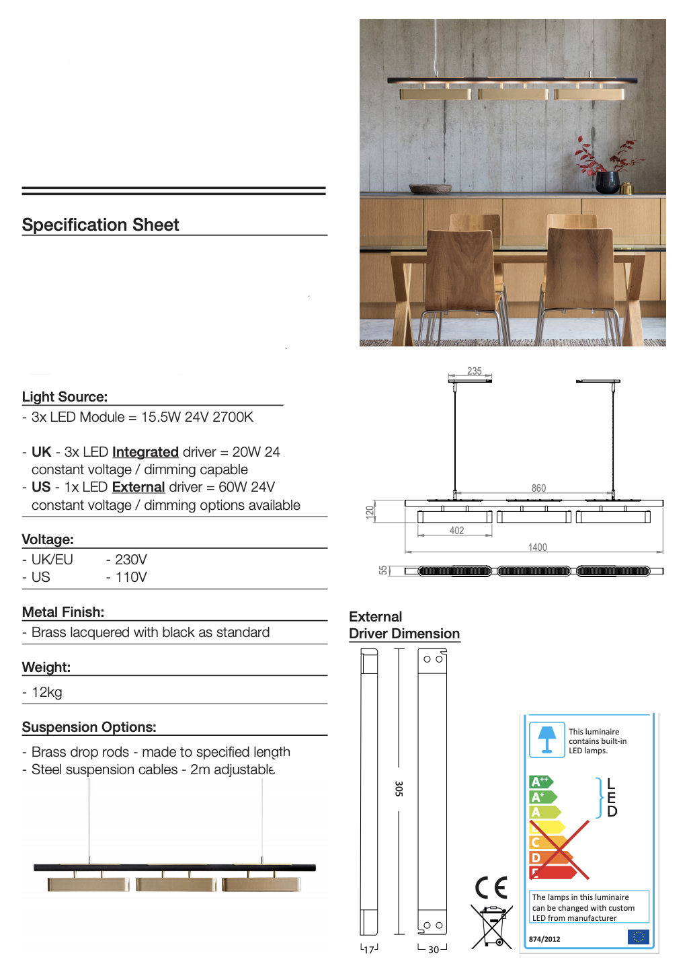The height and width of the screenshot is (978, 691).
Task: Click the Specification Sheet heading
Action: coord(100,225)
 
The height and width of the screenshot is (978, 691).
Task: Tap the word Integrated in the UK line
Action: coord(145,452)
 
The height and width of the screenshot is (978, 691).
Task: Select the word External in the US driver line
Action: coord(138,487)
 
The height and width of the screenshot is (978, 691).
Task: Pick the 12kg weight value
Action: coord(47,692)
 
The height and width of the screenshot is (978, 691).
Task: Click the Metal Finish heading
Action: coord(63,612)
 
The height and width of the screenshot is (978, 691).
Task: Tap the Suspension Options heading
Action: coord(89,727)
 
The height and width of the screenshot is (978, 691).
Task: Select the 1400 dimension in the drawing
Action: coord(538,548)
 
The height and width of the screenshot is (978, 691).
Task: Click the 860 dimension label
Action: coord(538,488)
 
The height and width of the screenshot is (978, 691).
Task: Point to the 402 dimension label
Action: coord(457,531)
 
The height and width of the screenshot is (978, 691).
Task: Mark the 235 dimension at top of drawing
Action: coord(475,371)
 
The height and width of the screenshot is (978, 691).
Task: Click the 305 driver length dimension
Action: coord(399,789)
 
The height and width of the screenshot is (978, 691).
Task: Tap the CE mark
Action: coord(491,888)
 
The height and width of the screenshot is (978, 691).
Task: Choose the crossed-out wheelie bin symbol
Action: coord(492,927)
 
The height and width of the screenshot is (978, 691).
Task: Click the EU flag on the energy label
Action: coord(638,937)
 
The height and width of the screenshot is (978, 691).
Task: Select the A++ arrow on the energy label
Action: coord(540,782)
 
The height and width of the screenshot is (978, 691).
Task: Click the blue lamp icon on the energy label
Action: coord(547,740)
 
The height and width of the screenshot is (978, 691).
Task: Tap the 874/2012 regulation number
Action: coord(544,939)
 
